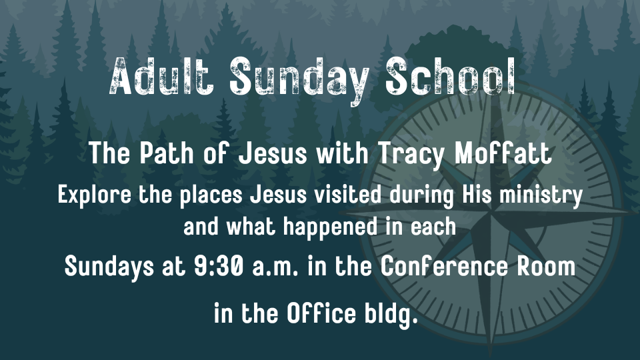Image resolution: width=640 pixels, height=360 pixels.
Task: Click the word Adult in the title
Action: [161, 77]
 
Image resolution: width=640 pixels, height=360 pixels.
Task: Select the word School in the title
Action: [451, 77]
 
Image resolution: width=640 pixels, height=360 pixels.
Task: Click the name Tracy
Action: [411, 155]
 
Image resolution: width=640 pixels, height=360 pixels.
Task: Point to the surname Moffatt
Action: [503, 153]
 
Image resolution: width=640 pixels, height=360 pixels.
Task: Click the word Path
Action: [167, 153]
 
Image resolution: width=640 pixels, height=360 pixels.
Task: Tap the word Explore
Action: [94, 195]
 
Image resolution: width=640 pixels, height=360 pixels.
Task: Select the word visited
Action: [348, 194]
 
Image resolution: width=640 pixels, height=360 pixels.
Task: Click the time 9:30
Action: [219, 267]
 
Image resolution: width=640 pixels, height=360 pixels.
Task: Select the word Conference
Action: [444, 267]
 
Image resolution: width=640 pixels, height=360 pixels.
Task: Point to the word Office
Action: [321, 313]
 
